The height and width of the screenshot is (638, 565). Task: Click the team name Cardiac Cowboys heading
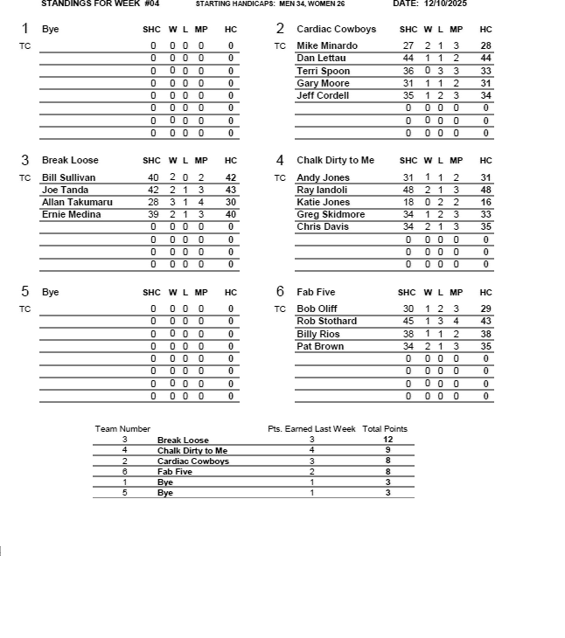tap(336, 29)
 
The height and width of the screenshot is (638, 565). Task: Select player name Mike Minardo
tap(327, 45)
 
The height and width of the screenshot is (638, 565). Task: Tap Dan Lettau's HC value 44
tap(486, 58)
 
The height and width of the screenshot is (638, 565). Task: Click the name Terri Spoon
tap(323, 71)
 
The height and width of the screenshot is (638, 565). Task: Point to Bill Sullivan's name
tap(69, 177)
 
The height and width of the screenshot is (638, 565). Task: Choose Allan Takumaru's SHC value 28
tap(153, 202)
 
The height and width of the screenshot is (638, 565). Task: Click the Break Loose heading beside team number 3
tap(70, 160)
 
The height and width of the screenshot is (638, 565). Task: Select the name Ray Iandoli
tap(322, 190)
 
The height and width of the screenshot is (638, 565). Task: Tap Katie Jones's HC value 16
tap(486, 202)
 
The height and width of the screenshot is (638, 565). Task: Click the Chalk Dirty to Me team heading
tap(335, 160)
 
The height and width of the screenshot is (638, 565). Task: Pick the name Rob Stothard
tap(326, 321)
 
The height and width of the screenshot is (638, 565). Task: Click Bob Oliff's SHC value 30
tap(408, 309)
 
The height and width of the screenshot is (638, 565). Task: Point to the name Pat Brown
tap(320, 346)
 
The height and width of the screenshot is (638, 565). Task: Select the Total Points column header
tap(385, 429)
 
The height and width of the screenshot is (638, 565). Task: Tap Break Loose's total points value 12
tap(387, 440)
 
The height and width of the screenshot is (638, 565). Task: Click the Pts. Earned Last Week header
tap(311, 429)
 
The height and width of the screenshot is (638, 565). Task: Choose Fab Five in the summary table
tap(175, 472)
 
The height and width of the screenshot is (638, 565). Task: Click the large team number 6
tap(280, 292)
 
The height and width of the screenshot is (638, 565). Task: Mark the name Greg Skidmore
tap(331, 214)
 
